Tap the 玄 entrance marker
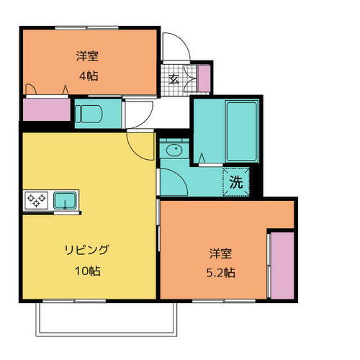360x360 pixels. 174,80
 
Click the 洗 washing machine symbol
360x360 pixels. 237,182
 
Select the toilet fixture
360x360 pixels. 89,113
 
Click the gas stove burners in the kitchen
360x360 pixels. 35,199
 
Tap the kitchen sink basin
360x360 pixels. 66,199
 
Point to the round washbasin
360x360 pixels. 172,151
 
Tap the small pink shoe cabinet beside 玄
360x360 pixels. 204,78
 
